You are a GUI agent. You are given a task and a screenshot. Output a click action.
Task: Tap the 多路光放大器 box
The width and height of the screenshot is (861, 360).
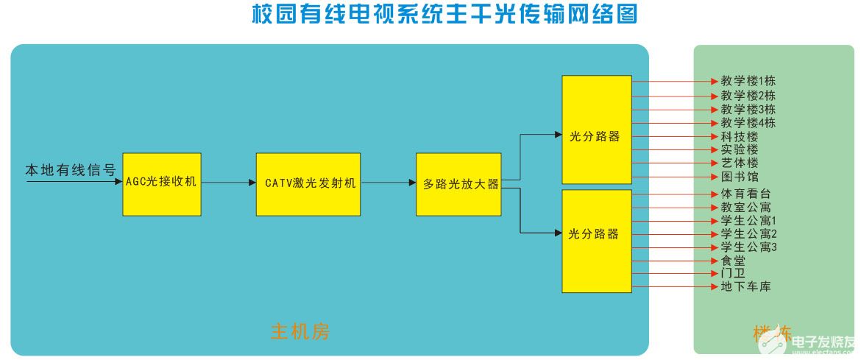(458, 184)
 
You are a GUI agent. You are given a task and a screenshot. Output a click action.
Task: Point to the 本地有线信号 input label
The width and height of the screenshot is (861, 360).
(71, 170)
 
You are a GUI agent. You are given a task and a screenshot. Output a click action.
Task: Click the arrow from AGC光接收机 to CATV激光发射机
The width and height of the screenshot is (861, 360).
(228, 183)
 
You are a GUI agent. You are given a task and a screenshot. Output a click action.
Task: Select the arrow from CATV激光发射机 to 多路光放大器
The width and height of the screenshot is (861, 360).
(388, 183)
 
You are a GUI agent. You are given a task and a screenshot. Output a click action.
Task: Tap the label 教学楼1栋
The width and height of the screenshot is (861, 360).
(748, 81)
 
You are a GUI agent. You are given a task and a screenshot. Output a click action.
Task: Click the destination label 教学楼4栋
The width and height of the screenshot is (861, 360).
(748, 123)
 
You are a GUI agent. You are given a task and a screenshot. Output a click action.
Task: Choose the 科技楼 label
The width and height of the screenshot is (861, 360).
(739, 137)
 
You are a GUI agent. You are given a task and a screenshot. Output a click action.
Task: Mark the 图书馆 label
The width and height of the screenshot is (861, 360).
(739, 177)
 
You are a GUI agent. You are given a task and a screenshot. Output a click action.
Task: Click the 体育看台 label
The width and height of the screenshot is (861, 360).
(745, 194)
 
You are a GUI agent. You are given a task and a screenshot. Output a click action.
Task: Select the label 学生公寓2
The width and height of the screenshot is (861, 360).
(748, 234)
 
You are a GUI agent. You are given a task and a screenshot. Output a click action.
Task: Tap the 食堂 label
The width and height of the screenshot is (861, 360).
(733, 261)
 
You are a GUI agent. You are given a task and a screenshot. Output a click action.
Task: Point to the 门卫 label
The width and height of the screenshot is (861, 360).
(733, 274)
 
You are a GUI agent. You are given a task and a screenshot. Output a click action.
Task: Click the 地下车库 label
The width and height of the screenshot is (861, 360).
(745, 287)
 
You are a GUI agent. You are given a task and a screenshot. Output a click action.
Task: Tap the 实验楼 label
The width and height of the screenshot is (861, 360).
(739, 150)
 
